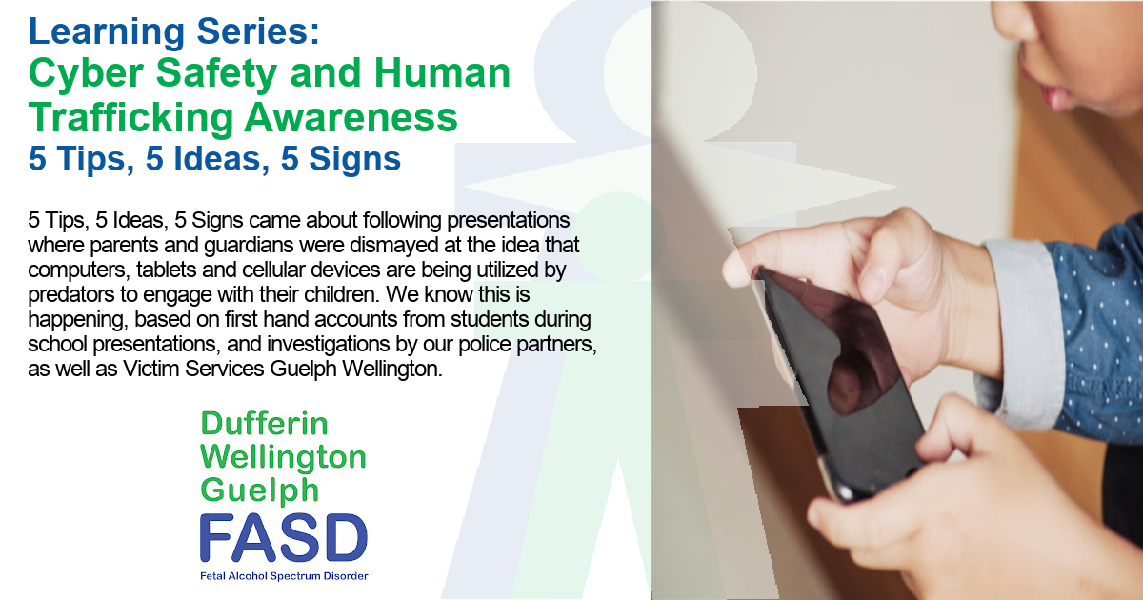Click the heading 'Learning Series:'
point(174,32)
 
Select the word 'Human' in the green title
point(442,73)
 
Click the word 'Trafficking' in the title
point(130,117)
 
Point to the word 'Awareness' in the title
point(351,118)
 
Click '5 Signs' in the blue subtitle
point(341,159)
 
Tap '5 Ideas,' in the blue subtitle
point(208,159)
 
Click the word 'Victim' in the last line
point(150,369)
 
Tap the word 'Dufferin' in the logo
point(265,424)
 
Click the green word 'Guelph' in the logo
point(260,490)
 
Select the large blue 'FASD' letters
point(284,538)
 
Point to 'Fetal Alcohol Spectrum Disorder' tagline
point(284,576)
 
